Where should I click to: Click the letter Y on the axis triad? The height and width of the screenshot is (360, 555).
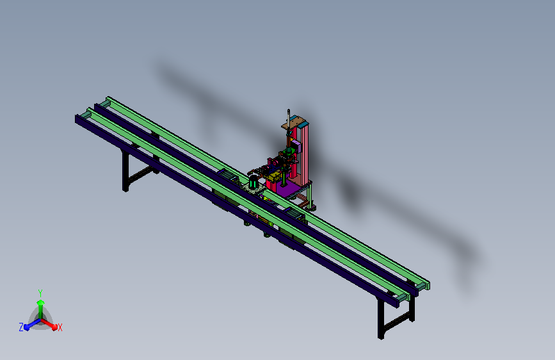tap(40, 293)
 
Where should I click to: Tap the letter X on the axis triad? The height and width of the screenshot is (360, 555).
tap(60, 327)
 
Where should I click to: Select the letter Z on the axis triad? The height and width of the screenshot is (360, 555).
tap(21, 327)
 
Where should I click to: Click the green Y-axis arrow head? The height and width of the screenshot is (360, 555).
tap(41, 303)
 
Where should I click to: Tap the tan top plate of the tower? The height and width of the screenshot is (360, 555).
tap(293, 123)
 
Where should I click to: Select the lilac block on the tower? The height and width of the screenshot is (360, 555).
tap(296, 146)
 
